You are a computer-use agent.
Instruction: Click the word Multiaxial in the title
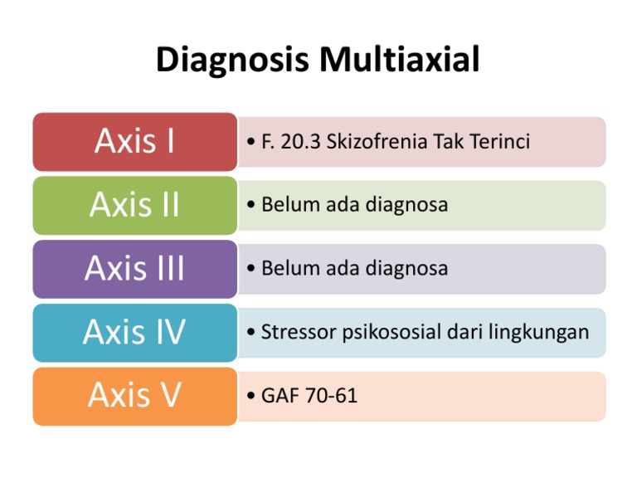click(395, 62)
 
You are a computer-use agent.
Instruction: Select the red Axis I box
click(134, 142)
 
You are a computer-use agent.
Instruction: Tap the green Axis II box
click(134, 205)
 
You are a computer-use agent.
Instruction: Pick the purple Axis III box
click(134, 269)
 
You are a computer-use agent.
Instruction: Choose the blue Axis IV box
click(134, 333)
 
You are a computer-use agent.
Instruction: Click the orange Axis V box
click(134, 396)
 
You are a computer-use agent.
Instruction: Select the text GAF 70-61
click(309, 397)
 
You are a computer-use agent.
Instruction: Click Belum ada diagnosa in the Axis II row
click(354, 205)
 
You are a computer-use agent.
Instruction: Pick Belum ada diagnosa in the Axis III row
click(354, 269)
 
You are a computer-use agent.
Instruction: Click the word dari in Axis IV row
click(456, 333)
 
